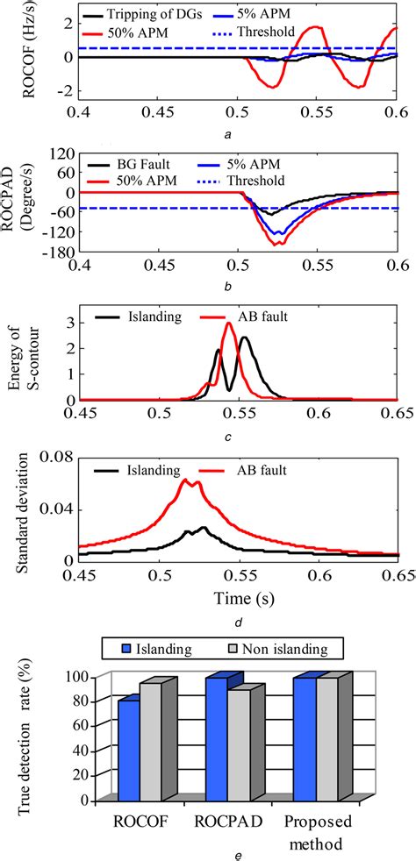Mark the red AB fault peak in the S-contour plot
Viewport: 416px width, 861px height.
coord(229,324)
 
